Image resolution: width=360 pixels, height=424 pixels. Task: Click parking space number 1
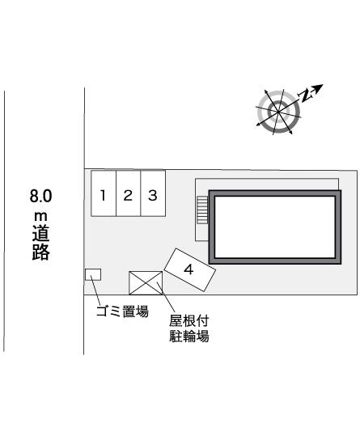click(x=103, y=194)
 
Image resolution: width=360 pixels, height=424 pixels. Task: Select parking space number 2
click(x=128, y=194)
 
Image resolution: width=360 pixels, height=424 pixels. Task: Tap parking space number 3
click(x=152, y=194)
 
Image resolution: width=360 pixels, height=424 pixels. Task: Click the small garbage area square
click(x=93, y=273)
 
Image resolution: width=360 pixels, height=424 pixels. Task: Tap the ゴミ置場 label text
click(x=122, y=311)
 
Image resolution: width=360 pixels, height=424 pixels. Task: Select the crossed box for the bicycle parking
click(x=146, y=282)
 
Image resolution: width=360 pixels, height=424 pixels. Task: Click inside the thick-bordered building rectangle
click(x=273, y=227)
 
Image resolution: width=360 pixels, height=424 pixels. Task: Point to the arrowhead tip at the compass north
click(x=322, y=85)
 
